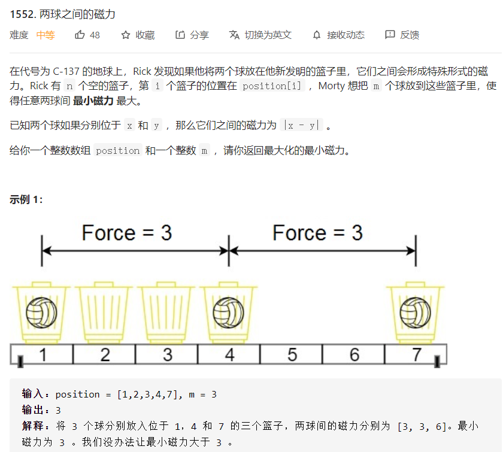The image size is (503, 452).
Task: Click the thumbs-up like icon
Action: click(x=80, y=35)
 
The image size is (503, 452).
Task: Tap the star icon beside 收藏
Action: click(x=125, y=35)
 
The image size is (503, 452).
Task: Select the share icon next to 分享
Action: click(x=180, y=35)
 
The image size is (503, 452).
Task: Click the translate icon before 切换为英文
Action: click(x=234, y=35)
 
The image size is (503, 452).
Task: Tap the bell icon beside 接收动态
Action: click(x=317, y=35)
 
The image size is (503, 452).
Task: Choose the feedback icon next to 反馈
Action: click(x=390, y=35)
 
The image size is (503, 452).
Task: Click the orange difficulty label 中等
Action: click(x=46, y=35)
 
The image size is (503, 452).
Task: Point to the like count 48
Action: click(x=95, y=35)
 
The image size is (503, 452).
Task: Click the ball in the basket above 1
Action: click(x=41, y=313)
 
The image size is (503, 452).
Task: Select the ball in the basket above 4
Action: click(x=228, y=313)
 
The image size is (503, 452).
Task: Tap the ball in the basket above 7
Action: click(x=416, y=313)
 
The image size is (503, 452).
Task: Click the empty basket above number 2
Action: click(x=104, y=312)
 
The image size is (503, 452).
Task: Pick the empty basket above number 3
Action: click(x=166, y=312)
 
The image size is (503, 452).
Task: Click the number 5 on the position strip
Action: click(x=292, y=355)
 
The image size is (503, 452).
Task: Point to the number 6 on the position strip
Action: click(x=354, y=355)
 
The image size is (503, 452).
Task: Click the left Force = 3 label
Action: click(x=127, y=232)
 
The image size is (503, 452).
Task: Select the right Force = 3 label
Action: click(x=317, y=232)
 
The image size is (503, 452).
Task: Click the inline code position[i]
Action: click(x=272, y=86)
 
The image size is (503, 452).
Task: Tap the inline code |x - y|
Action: click(x=302, y=126)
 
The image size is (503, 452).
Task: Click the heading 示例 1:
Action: click(x=26, y=199)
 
